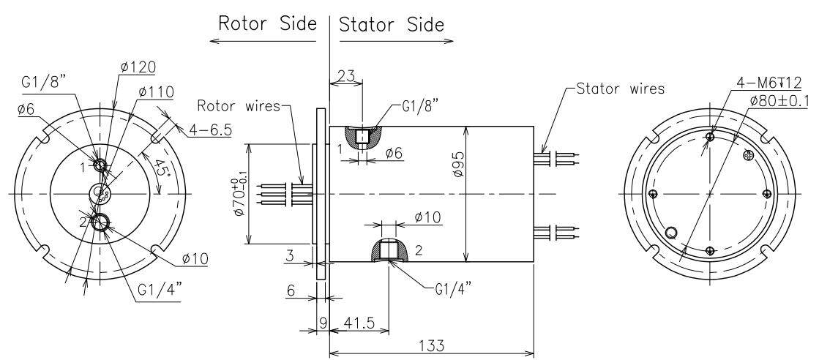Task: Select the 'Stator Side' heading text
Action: [392, 23]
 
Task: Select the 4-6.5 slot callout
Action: [211, 130]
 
